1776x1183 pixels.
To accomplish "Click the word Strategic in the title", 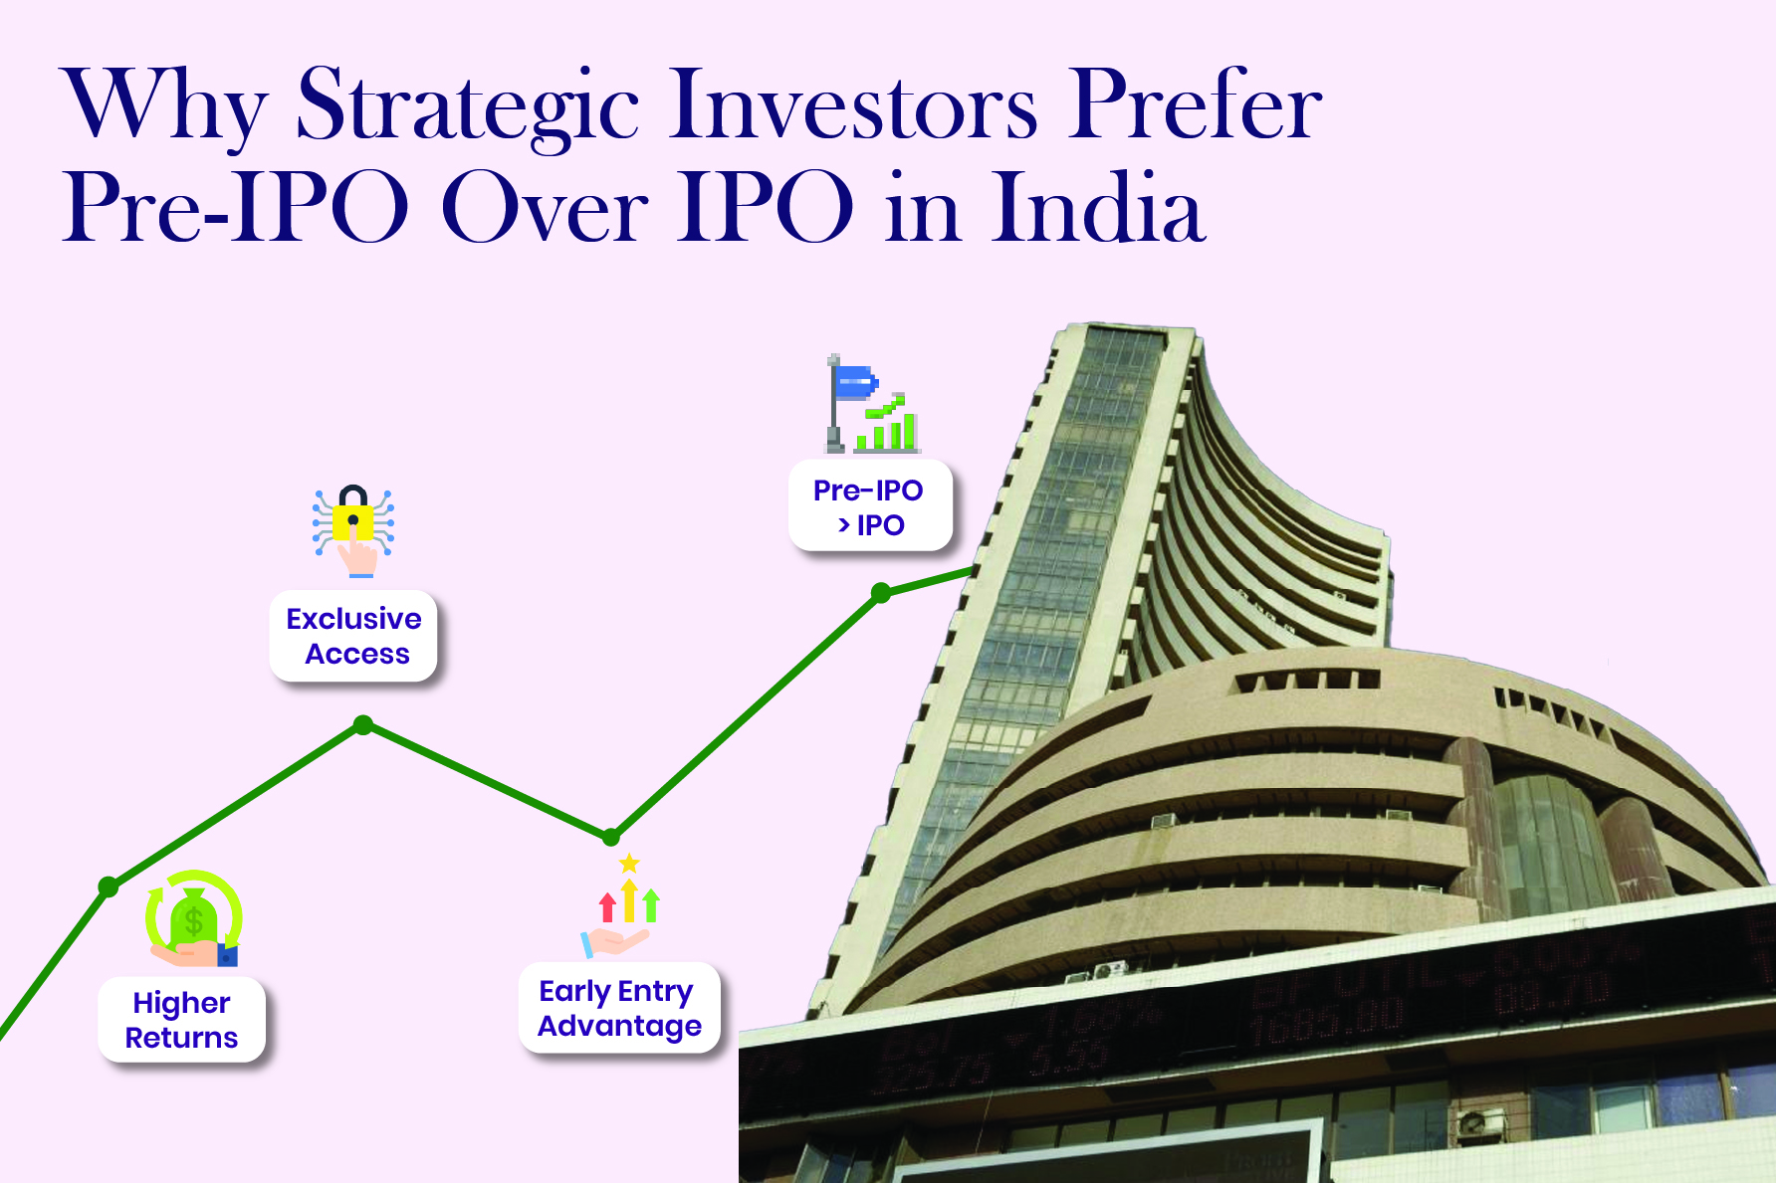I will (x=467, y=106).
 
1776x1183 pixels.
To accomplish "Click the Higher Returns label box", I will (x=181, y=1020).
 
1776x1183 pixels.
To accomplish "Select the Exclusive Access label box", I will (x=353, y=637).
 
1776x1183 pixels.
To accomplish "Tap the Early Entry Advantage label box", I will (x=619, y=1008).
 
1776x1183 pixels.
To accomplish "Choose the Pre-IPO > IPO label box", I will (x=869, y=506).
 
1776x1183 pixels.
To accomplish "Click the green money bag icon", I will (x=194, y=917).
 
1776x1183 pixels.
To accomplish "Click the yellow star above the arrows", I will (x=629, y=863).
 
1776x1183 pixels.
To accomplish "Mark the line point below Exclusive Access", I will (x=363, y=725).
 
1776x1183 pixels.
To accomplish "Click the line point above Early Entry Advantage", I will (x=611, y=837).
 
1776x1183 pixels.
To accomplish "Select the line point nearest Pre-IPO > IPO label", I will (x=881, y=593).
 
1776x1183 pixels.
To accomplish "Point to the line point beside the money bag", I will (x=109, y=887).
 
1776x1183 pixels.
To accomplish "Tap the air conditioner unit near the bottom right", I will (x=1480, y=1123).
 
